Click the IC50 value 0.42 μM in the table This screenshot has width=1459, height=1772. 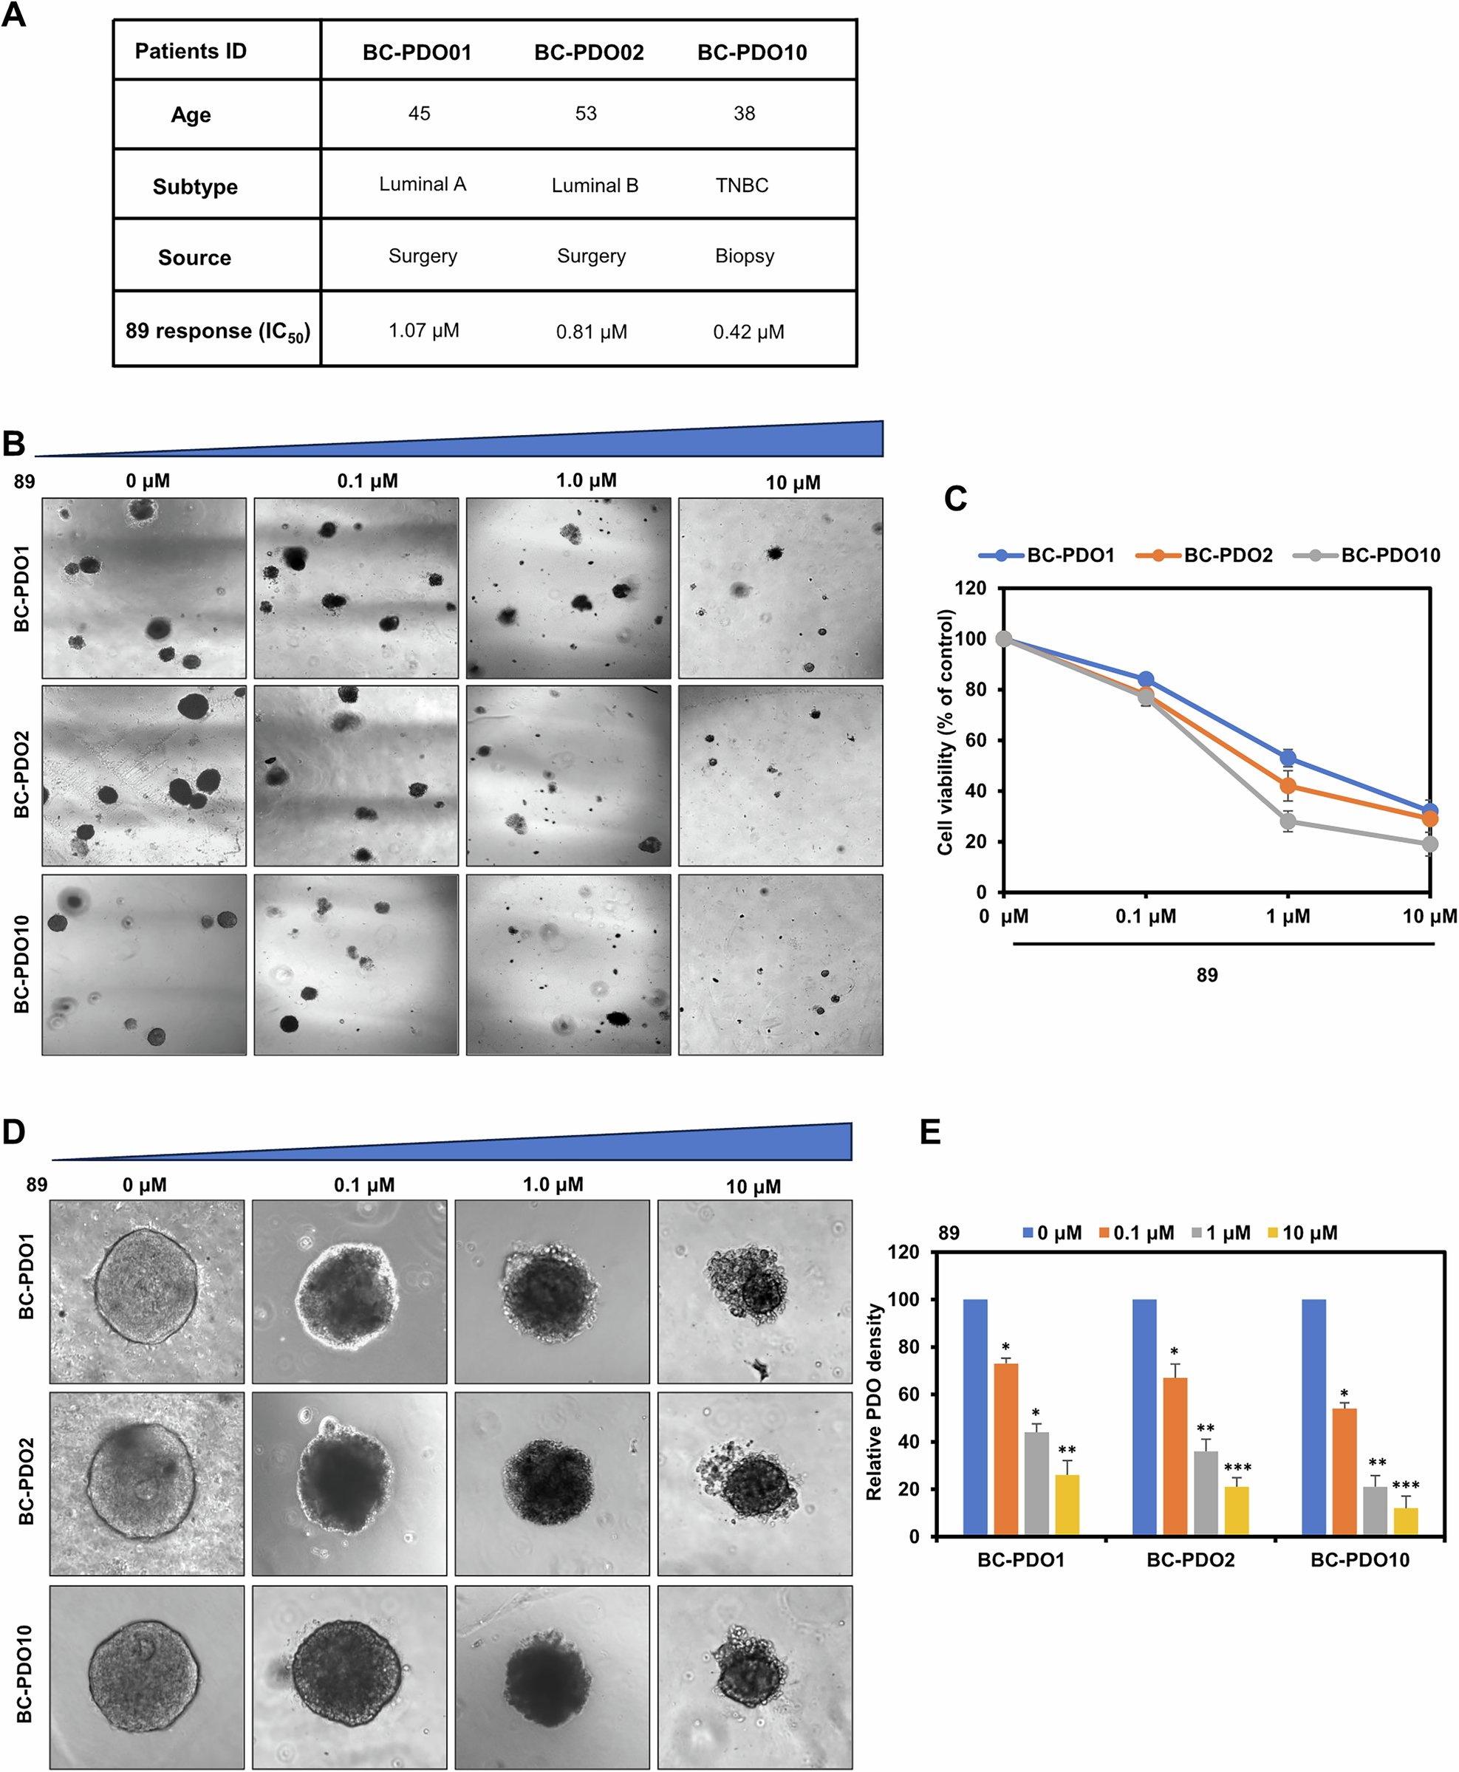[748, 332]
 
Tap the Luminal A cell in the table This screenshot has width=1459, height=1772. [422, 184]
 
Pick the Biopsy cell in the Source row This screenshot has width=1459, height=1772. [745, 256]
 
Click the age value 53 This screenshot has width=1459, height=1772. [586, 114]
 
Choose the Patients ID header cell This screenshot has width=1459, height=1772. [191, 51]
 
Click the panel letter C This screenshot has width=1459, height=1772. [956, 499]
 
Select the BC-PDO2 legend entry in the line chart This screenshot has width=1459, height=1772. [1227, 555]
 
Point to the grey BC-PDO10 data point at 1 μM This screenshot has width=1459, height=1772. [1288, 821]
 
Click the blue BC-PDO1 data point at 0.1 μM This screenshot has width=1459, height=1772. [1146, 679]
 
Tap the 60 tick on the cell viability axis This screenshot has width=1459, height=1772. [975, 740]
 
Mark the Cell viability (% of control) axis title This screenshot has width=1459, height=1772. [946, 732]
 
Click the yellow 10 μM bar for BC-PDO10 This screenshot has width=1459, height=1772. [1405, 1522]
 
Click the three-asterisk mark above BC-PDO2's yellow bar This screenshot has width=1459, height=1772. [1237, 1468]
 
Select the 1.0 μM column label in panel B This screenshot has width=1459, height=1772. [586, 481]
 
